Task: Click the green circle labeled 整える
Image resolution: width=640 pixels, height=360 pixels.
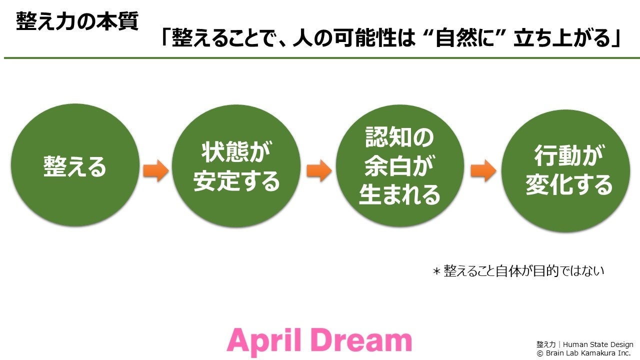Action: [x=75, y=166]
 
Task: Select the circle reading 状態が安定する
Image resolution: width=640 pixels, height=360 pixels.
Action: [x=236, y=166]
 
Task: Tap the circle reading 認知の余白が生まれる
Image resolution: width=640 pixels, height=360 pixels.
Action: [x=400, y=166]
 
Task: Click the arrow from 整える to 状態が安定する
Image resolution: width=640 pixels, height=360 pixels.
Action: [x=156, y=171]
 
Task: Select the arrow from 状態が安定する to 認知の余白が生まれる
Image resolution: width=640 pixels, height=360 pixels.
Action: [x=318, y=171]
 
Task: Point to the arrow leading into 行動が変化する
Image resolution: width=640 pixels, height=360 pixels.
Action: [x=483, y=171]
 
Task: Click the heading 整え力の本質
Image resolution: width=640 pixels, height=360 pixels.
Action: [x=77, y=21]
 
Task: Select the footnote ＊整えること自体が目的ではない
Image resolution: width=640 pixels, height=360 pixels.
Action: [x=518, y=271]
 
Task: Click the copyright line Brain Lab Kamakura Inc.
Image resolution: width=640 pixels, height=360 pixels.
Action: [x=588, y=353]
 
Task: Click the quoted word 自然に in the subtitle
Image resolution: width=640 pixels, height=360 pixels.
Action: [x=467, y=39]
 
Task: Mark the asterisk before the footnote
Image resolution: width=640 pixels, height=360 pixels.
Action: [x=436, y=271]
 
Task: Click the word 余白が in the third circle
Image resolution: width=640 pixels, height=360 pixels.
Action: [x=399, y=166]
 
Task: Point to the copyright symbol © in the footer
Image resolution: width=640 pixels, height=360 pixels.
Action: [x=540, y=353]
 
